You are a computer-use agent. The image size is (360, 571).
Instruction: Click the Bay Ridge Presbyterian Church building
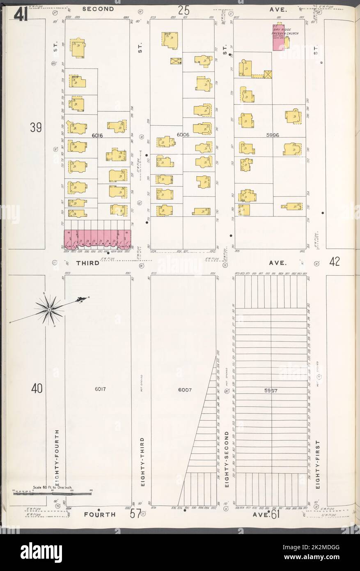click(x=279, y=37)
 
